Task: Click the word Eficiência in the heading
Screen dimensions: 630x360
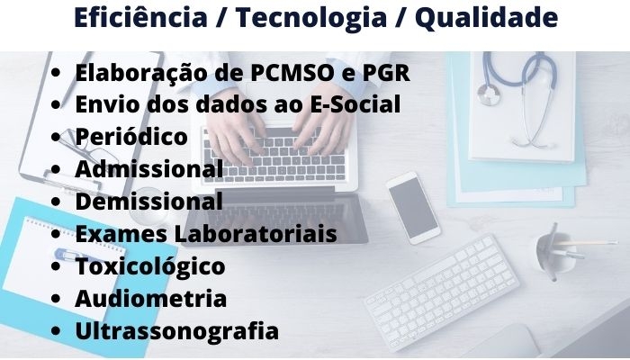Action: (x=140, y=18)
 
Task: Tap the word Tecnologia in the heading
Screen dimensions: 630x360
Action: (x=311, y=19)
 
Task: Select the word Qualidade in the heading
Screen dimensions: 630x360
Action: (x=487, y=19)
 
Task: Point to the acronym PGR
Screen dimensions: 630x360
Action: (x=386, y=73)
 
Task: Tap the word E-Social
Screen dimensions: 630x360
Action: (x=355, y=104)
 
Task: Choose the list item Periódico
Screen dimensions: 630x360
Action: (x=131, y=136)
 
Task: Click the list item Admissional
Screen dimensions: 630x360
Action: (x=149, y=169)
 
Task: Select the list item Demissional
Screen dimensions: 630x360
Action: (x=149, y=201)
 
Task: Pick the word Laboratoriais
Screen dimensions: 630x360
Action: (x=256, y=233)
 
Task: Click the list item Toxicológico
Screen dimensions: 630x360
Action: (x=150, y=266)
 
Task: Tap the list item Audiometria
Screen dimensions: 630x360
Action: (x=151, y=299)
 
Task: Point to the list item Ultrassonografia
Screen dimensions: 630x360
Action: (x=177, y=331)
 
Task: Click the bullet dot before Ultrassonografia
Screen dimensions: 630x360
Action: (x=56, y=331)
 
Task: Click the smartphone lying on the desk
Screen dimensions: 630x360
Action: (x=413, y=208)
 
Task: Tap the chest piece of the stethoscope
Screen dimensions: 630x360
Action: (x=489, y=94)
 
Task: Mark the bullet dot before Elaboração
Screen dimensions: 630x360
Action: (x=56, y=73)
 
